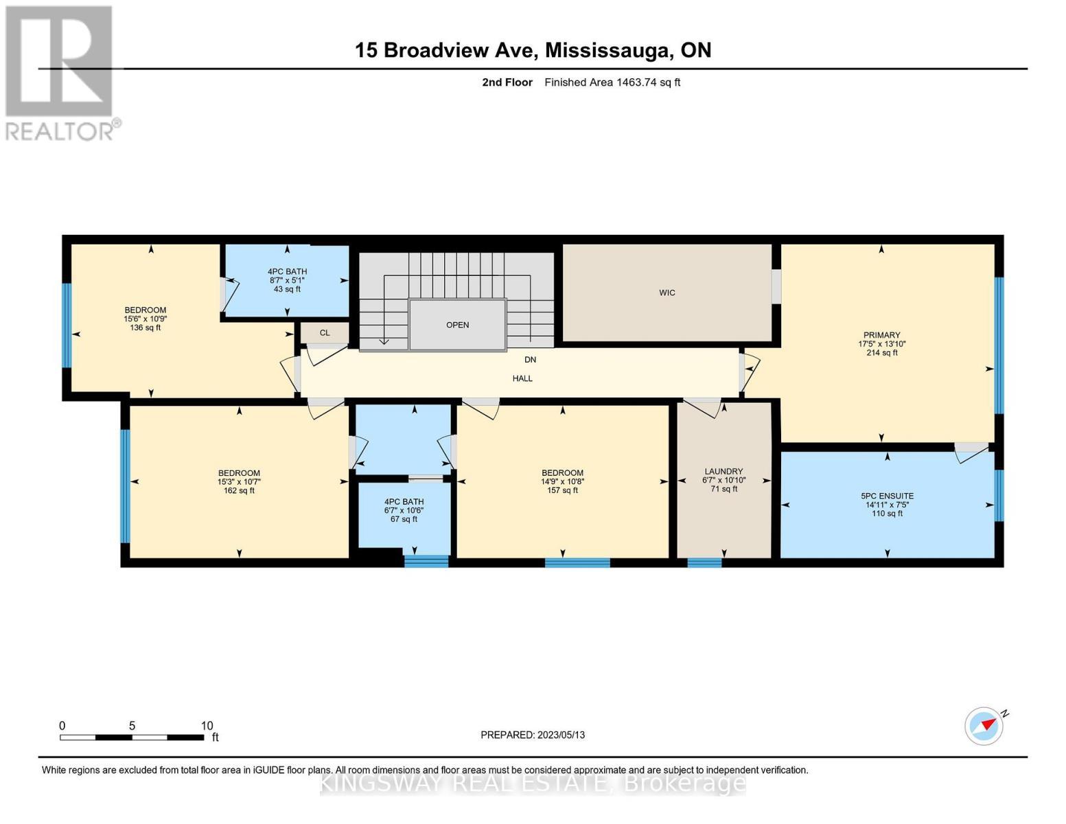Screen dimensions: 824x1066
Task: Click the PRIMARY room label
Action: tap(881, 335)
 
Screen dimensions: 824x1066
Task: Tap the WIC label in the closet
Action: tap(667, 293)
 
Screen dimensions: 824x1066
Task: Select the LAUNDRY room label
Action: tap(723, 471)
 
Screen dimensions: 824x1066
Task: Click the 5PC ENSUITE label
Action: tap(887, 496)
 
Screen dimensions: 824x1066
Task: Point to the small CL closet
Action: tap(325, 333)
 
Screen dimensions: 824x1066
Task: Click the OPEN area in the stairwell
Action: tap(457, 325)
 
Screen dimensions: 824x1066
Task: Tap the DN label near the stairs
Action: tap(530, 360)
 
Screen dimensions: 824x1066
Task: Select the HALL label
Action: tap(522, 378)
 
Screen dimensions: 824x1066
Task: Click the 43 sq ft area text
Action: tap(287, 289)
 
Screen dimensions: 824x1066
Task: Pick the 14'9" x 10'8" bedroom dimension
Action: tap(562, 481)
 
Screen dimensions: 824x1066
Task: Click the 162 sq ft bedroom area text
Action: tap(239, 490)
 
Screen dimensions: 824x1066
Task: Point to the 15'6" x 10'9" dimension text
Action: tap(145, 319)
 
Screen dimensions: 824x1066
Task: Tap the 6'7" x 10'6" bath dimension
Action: tap(404, 510)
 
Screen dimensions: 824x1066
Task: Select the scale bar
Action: tap(132, 737)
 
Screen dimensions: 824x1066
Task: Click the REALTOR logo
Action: tap(60, 73)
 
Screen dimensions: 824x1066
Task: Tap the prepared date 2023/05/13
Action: tap(561, 735)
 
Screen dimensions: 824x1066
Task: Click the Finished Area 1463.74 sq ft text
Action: tap(612, 82)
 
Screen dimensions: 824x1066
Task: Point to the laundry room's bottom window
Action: tap(704, 563)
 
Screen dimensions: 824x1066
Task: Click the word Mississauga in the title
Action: tap(608, 50)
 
